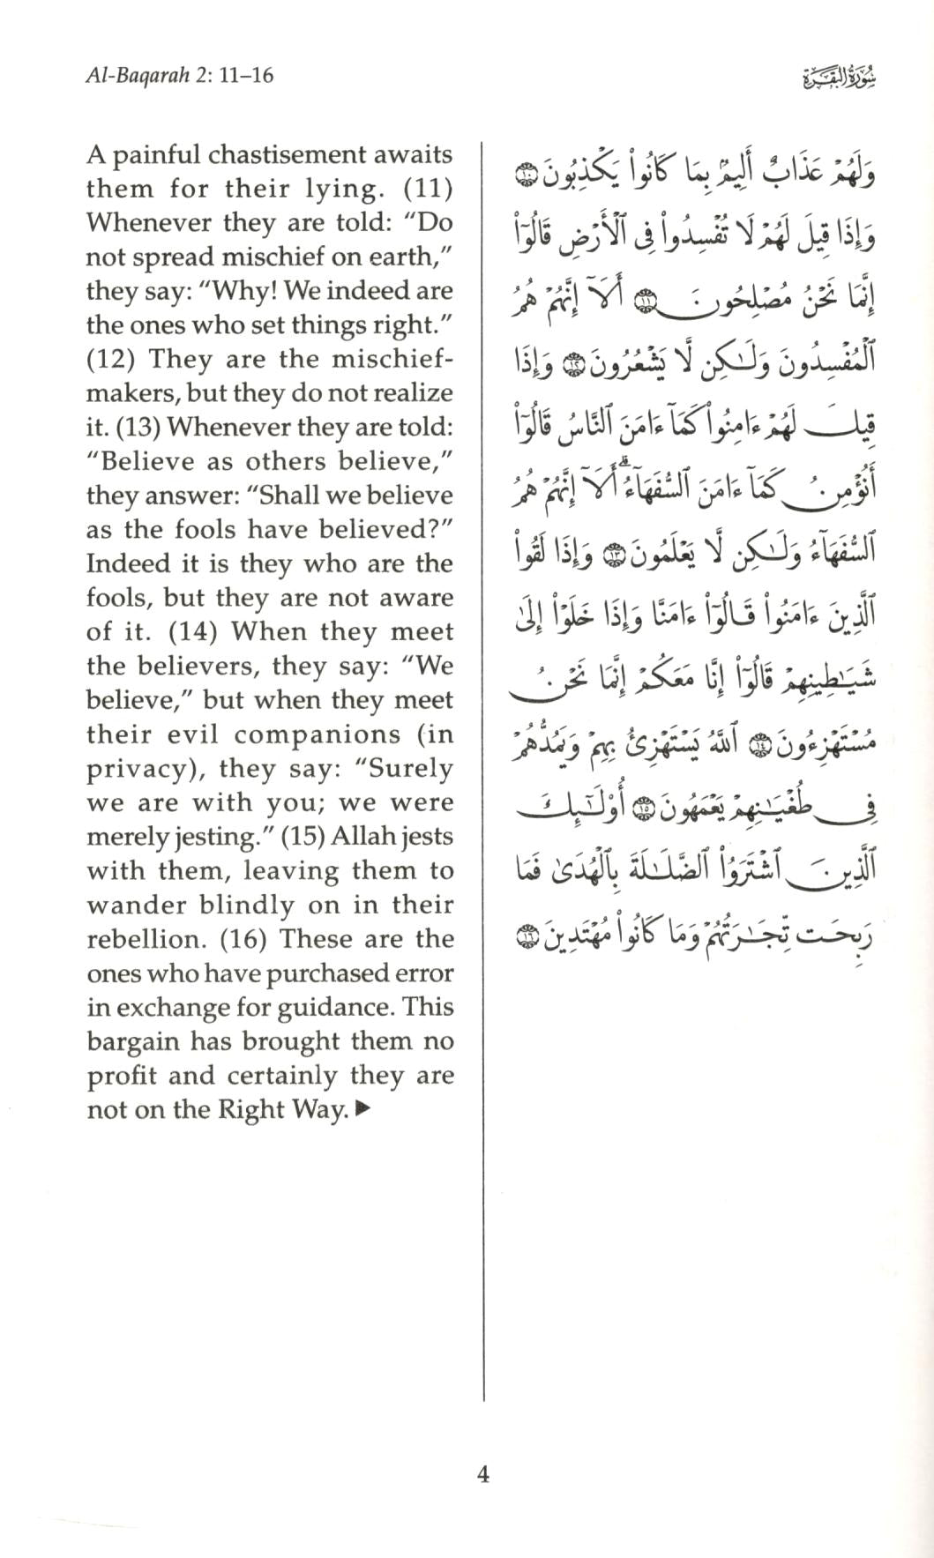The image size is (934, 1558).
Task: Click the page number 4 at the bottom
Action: (x=482, y=1473)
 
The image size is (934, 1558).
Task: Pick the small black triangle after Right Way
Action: (x=362, y=1110)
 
